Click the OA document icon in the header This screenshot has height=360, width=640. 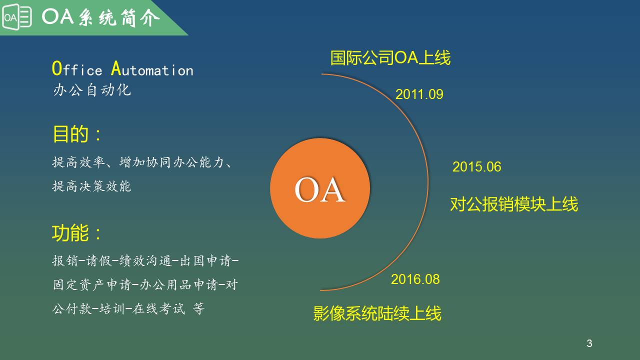[x=17, y=17]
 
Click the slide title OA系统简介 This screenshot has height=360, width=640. [x=101, y=17]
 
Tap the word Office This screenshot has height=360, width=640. [x=77, y=69]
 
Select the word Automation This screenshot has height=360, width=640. [x=152, y=69]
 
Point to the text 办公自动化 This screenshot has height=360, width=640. [x=92, y=90]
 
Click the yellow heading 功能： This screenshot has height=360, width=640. [x=76, y=233]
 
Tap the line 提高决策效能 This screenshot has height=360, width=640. [x=91, y=186]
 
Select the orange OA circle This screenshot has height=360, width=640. [x=320, y=188]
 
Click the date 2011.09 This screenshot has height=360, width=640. [x=419, y=94]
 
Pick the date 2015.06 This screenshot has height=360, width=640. [x=477, y=167]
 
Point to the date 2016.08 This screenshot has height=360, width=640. [x=415, y=279]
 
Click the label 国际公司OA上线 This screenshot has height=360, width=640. [x=390, y=57]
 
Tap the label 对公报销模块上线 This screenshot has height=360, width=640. [x=514, y=204]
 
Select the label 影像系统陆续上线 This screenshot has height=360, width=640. [x=377, y=313]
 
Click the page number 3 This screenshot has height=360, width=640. [x=589, y=343]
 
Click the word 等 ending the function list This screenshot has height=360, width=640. [x=198, y=308]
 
